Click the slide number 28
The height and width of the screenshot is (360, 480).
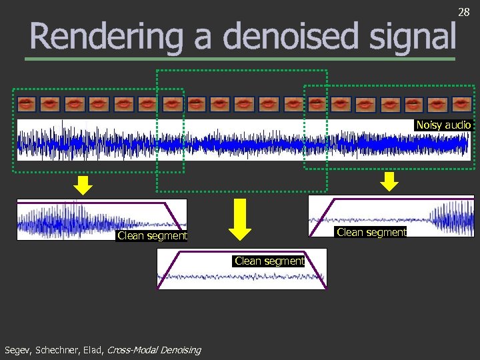click(x=464, y=11)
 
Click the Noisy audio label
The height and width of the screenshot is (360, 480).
click(x=443, y=125)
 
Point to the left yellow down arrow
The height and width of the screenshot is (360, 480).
click(x=82, y=185)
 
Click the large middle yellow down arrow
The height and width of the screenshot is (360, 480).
click(x=240, y=219)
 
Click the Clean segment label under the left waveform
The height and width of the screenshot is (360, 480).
click(x=152, y=235)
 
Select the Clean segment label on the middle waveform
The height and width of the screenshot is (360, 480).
click(x=269, y=261)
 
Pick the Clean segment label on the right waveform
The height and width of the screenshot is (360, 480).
click(x=371, y=232)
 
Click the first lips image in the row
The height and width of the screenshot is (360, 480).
click(x=27, y=104)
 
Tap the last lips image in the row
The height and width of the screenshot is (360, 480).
click(x=460, y=104)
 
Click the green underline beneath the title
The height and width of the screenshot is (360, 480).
click(x=240, y=59)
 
